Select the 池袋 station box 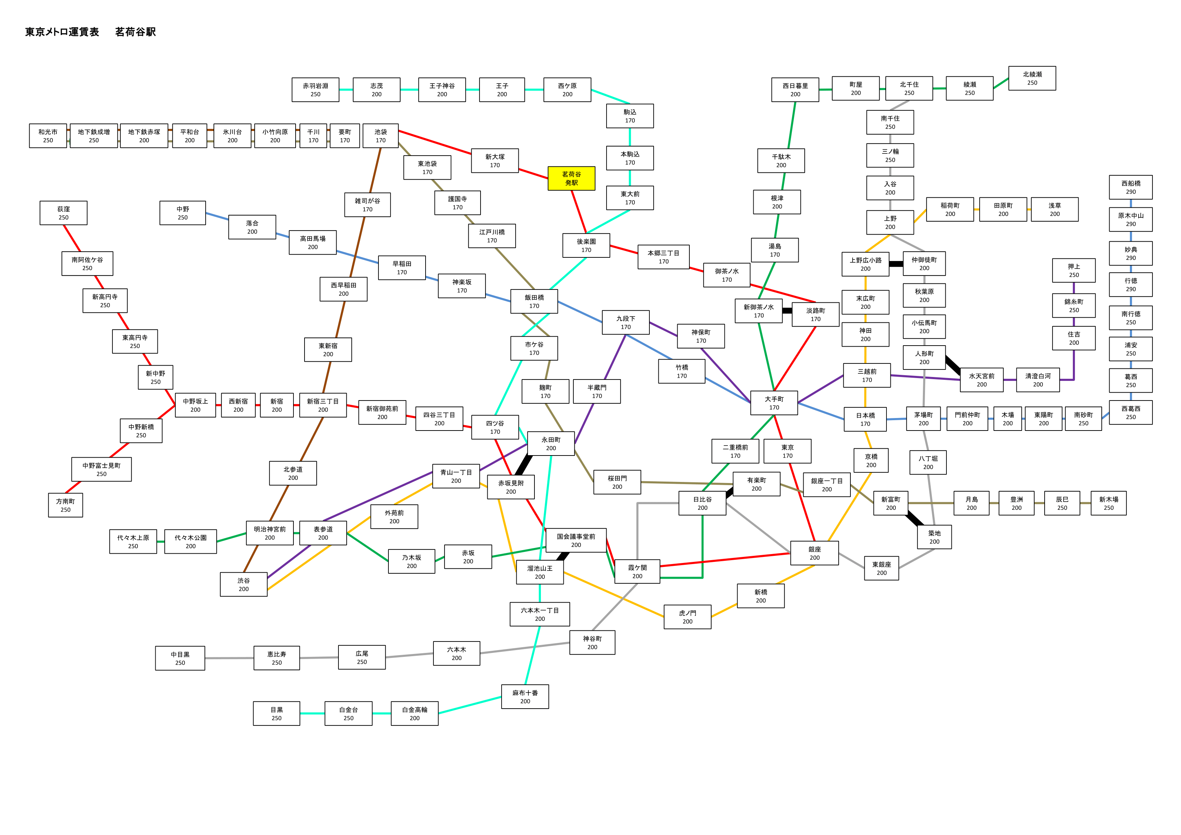[381, 136]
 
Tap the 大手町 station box [774, 403]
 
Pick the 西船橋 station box [1131, 187]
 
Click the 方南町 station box [65, 505]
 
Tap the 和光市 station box [48, 136]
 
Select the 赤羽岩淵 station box [315, 90]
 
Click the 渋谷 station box [244, 584]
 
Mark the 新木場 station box [1109, 503]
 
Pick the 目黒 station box [277, 714]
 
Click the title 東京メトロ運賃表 [62, 32]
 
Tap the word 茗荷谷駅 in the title [135, 32]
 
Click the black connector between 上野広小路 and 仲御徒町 [896, 264]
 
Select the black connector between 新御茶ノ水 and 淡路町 [787, 311]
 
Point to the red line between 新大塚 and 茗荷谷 [533, 173]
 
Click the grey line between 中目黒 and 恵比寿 [230, 658]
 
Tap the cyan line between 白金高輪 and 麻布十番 [469, 705]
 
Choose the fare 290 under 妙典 [1131, 258]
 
